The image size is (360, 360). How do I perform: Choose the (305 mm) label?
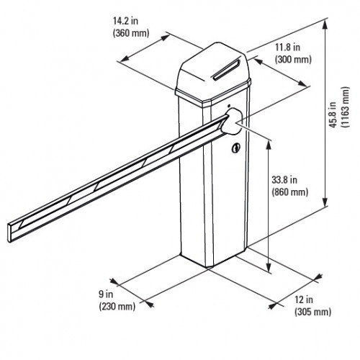tap(312, 311)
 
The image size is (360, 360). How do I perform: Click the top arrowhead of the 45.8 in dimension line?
tap(327, 22)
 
